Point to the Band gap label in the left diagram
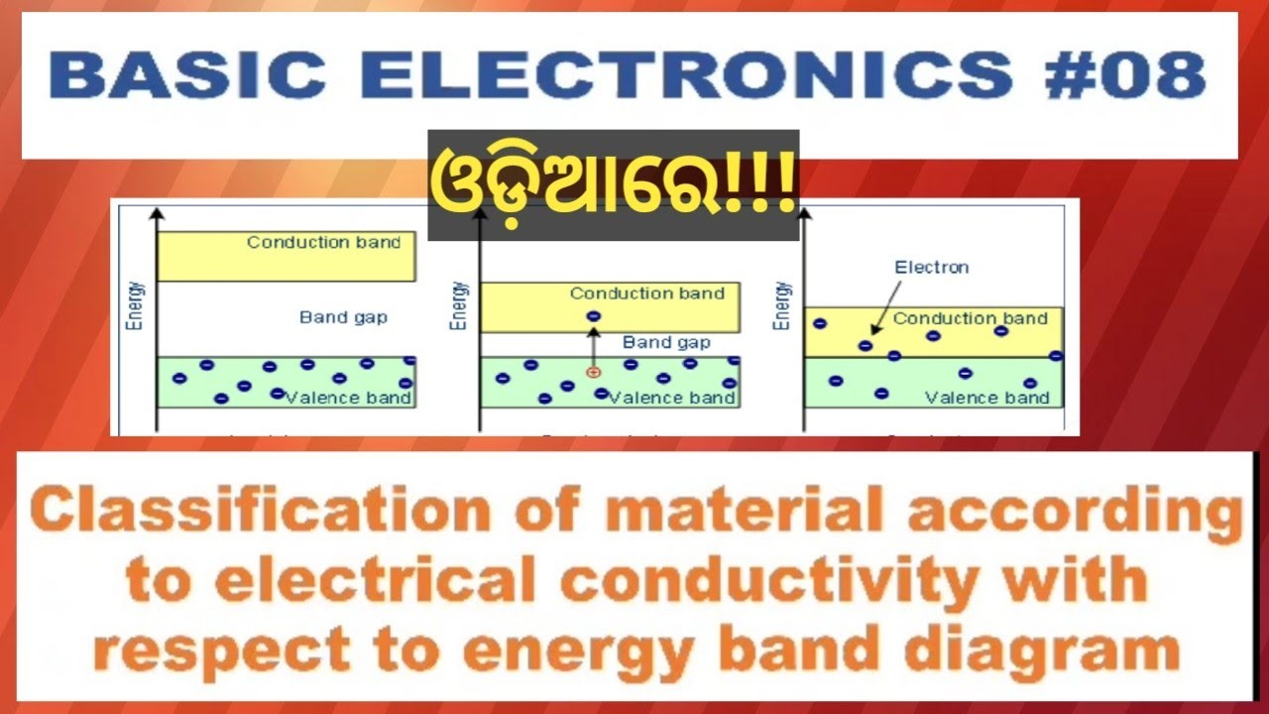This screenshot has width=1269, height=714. coord(343,317)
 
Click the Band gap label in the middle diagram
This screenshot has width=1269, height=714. coord(666,342)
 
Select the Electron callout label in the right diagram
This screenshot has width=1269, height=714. coord(931,267)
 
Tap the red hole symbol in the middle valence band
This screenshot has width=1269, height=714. coord(593,372)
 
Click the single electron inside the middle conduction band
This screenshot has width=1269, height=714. coord(593,316)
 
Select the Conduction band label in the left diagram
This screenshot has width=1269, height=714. coord(324,242)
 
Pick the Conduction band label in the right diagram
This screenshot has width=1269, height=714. coord(970,318)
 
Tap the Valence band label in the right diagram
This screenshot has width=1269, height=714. coord(986,398)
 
